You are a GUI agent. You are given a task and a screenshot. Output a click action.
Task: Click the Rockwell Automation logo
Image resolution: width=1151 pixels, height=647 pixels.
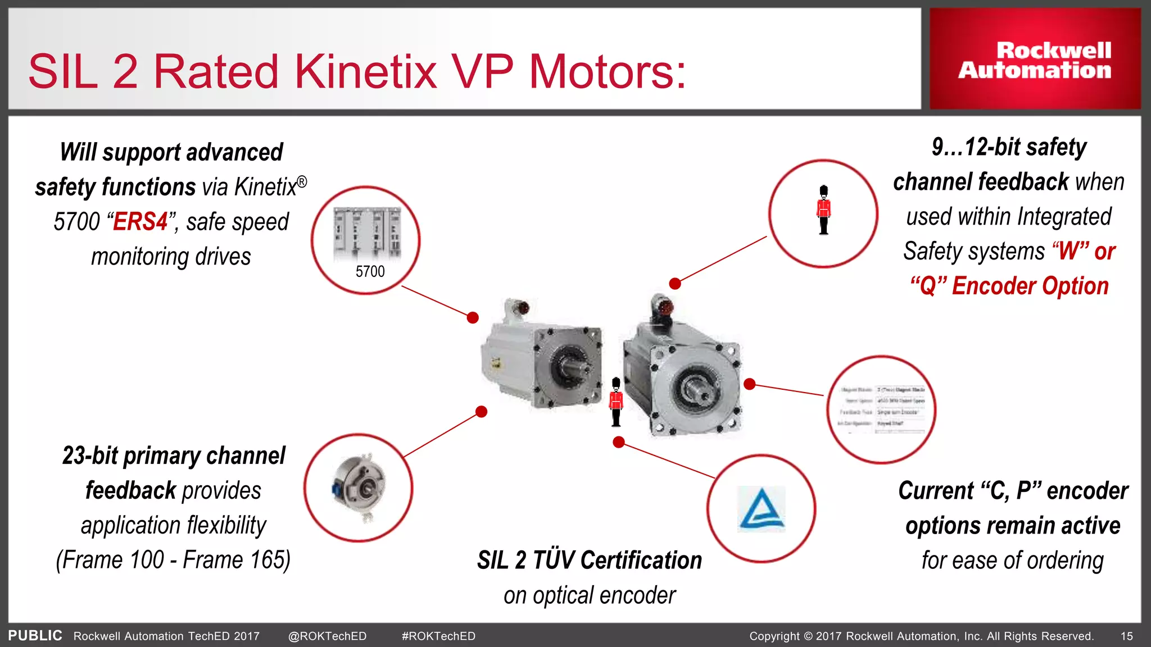1035,60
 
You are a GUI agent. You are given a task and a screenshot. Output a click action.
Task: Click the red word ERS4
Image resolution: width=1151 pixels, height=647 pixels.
141,222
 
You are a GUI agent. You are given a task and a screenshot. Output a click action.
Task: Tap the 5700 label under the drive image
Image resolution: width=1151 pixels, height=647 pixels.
370,272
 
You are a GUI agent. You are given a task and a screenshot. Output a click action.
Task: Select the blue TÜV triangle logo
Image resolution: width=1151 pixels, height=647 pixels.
762,509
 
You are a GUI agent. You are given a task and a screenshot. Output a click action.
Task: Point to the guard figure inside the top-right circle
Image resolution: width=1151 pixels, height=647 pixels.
823,210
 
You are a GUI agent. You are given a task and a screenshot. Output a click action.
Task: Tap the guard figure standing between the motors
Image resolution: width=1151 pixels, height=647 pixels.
616,402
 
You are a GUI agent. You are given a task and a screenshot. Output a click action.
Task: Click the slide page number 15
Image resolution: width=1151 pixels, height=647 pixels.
1127,636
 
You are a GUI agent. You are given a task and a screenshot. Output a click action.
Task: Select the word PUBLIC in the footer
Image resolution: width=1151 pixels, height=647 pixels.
35,636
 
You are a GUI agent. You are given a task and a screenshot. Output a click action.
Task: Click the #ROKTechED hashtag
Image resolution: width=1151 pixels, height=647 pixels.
438,636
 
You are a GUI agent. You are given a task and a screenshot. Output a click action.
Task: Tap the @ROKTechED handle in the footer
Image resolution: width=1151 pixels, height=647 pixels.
327,636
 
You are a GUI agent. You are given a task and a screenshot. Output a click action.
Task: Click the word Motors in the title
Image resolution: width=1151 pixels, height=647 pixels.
607,72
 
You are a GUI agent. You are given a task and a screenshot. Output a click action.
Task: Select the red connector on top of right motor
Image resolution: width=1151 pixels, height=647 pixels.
664,307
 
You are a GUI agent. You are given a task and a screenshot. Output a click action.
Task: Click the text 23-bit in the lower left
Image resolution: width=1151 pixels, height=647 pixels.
90,456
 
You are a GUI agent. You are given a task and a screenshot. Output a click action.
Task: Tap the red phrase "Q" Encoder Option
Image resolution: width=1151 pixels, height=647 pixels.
1009,286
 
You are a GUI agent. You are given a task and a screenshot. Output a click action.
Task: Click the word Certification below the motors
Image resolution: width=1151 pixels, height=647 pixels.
641,561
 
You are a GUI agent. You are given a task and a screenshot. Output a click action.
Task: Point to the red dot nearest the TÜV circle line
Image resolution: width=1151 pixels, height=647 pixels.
619,443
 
